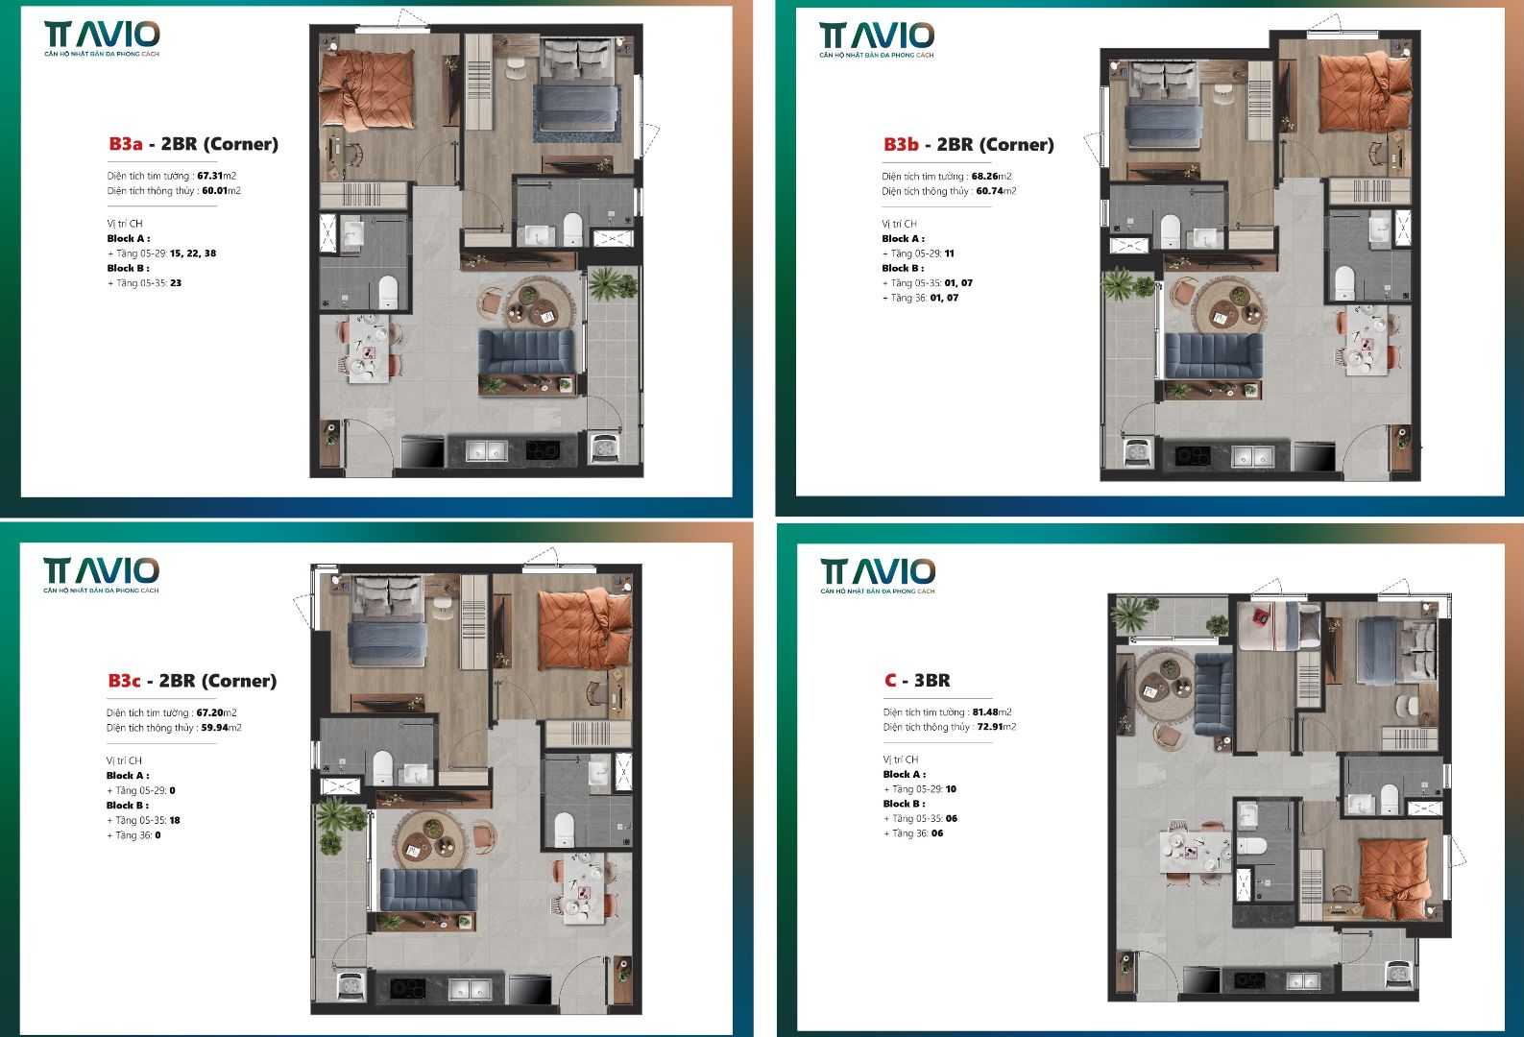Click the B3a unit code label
pos(125,144)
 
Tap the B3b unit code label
pos(901,145)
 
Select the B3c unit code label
pos(124,681)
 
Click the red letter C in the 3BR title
pos(890,681)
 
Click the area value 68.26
pos(984,177)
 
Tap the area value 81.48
pos(985,712)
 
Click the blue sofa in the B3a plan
pos(526,351)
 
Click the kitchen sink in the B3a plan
pos(487,449)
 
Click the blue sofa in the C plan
pos(1214,695)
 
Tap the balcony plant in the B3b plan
pos(1121,284)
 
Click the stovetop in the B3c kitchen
pos(403,988)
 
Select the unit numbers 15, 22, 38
pos(193,253)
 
